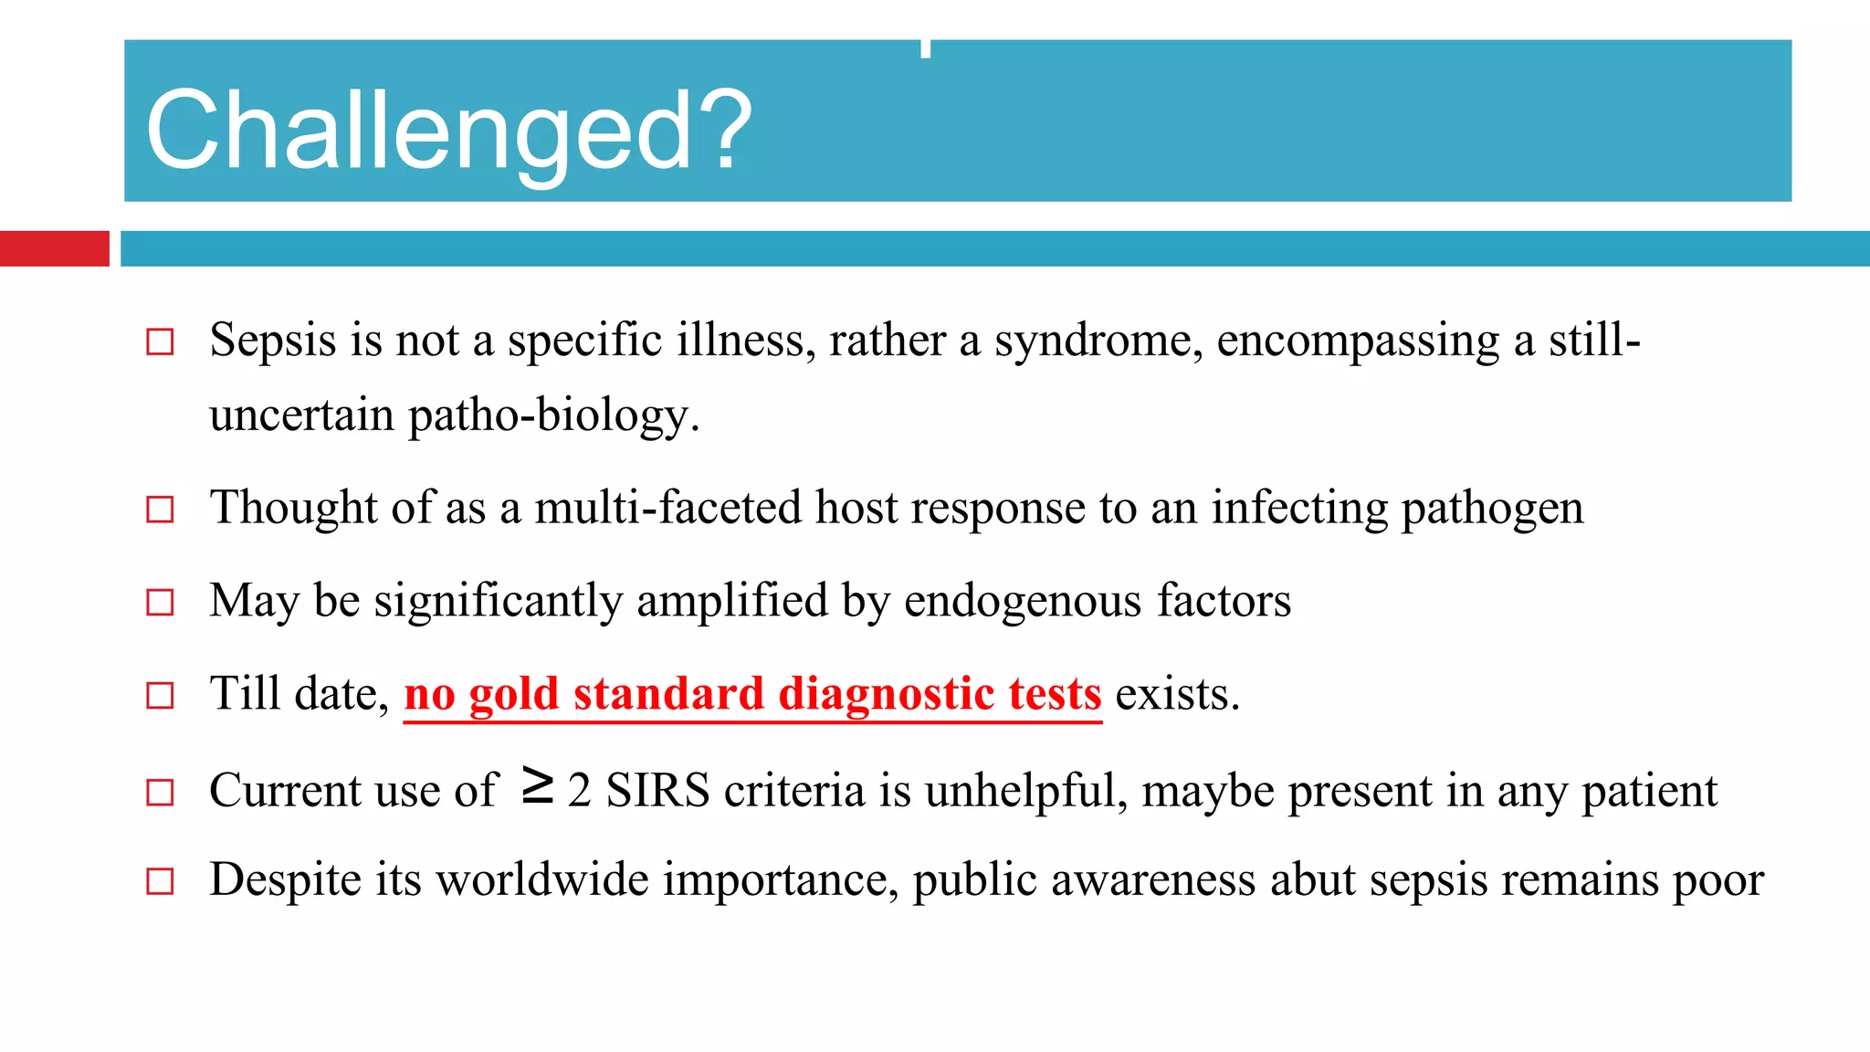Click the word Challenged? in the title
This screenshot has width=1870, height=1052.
pyautogui.click(x=447, y=131)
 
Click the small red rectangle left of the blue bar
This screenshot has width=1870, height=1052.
pyautogui.click(x=54, y=248)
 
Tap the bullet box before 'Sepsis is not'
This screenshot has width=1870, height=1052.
pyautogui.click(x=160, y=342)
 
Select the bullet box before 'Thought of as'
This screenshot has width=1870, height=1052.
pyautogui.click(x=160, y=509)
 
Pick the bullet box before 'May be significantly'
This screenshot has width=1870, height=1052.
pyautogui.click(x=160, y=603)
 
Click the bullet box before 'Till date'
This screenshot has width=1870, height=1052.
pyautogui.click(x=160, y=696)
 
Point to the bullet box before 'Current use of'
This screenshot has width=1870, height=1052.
pyautogui.click(x=160, y=792)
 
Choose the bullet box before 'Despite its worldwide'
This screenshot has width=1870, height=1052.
pyautogui.click(x=160, y=881)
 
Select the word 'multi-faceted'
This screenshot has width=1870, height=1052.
pyautogui.click(x=667, y=508)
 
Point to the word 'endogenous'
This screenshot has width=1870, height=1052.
pyautogui.click(x=1023, y=602)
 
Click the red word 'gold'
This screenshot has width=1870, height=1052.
pyautogui.click(x=513, y=694)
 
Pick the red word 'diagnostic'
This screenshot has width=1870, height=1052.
pyautogui.click(x=886, y=694)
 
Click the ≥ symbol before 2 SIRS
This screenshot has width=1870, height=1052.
pyautogui.click(x=538, y=786)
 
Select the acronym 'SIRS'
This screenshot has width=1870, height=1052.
pyautogui.click(x=657, y=791)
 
